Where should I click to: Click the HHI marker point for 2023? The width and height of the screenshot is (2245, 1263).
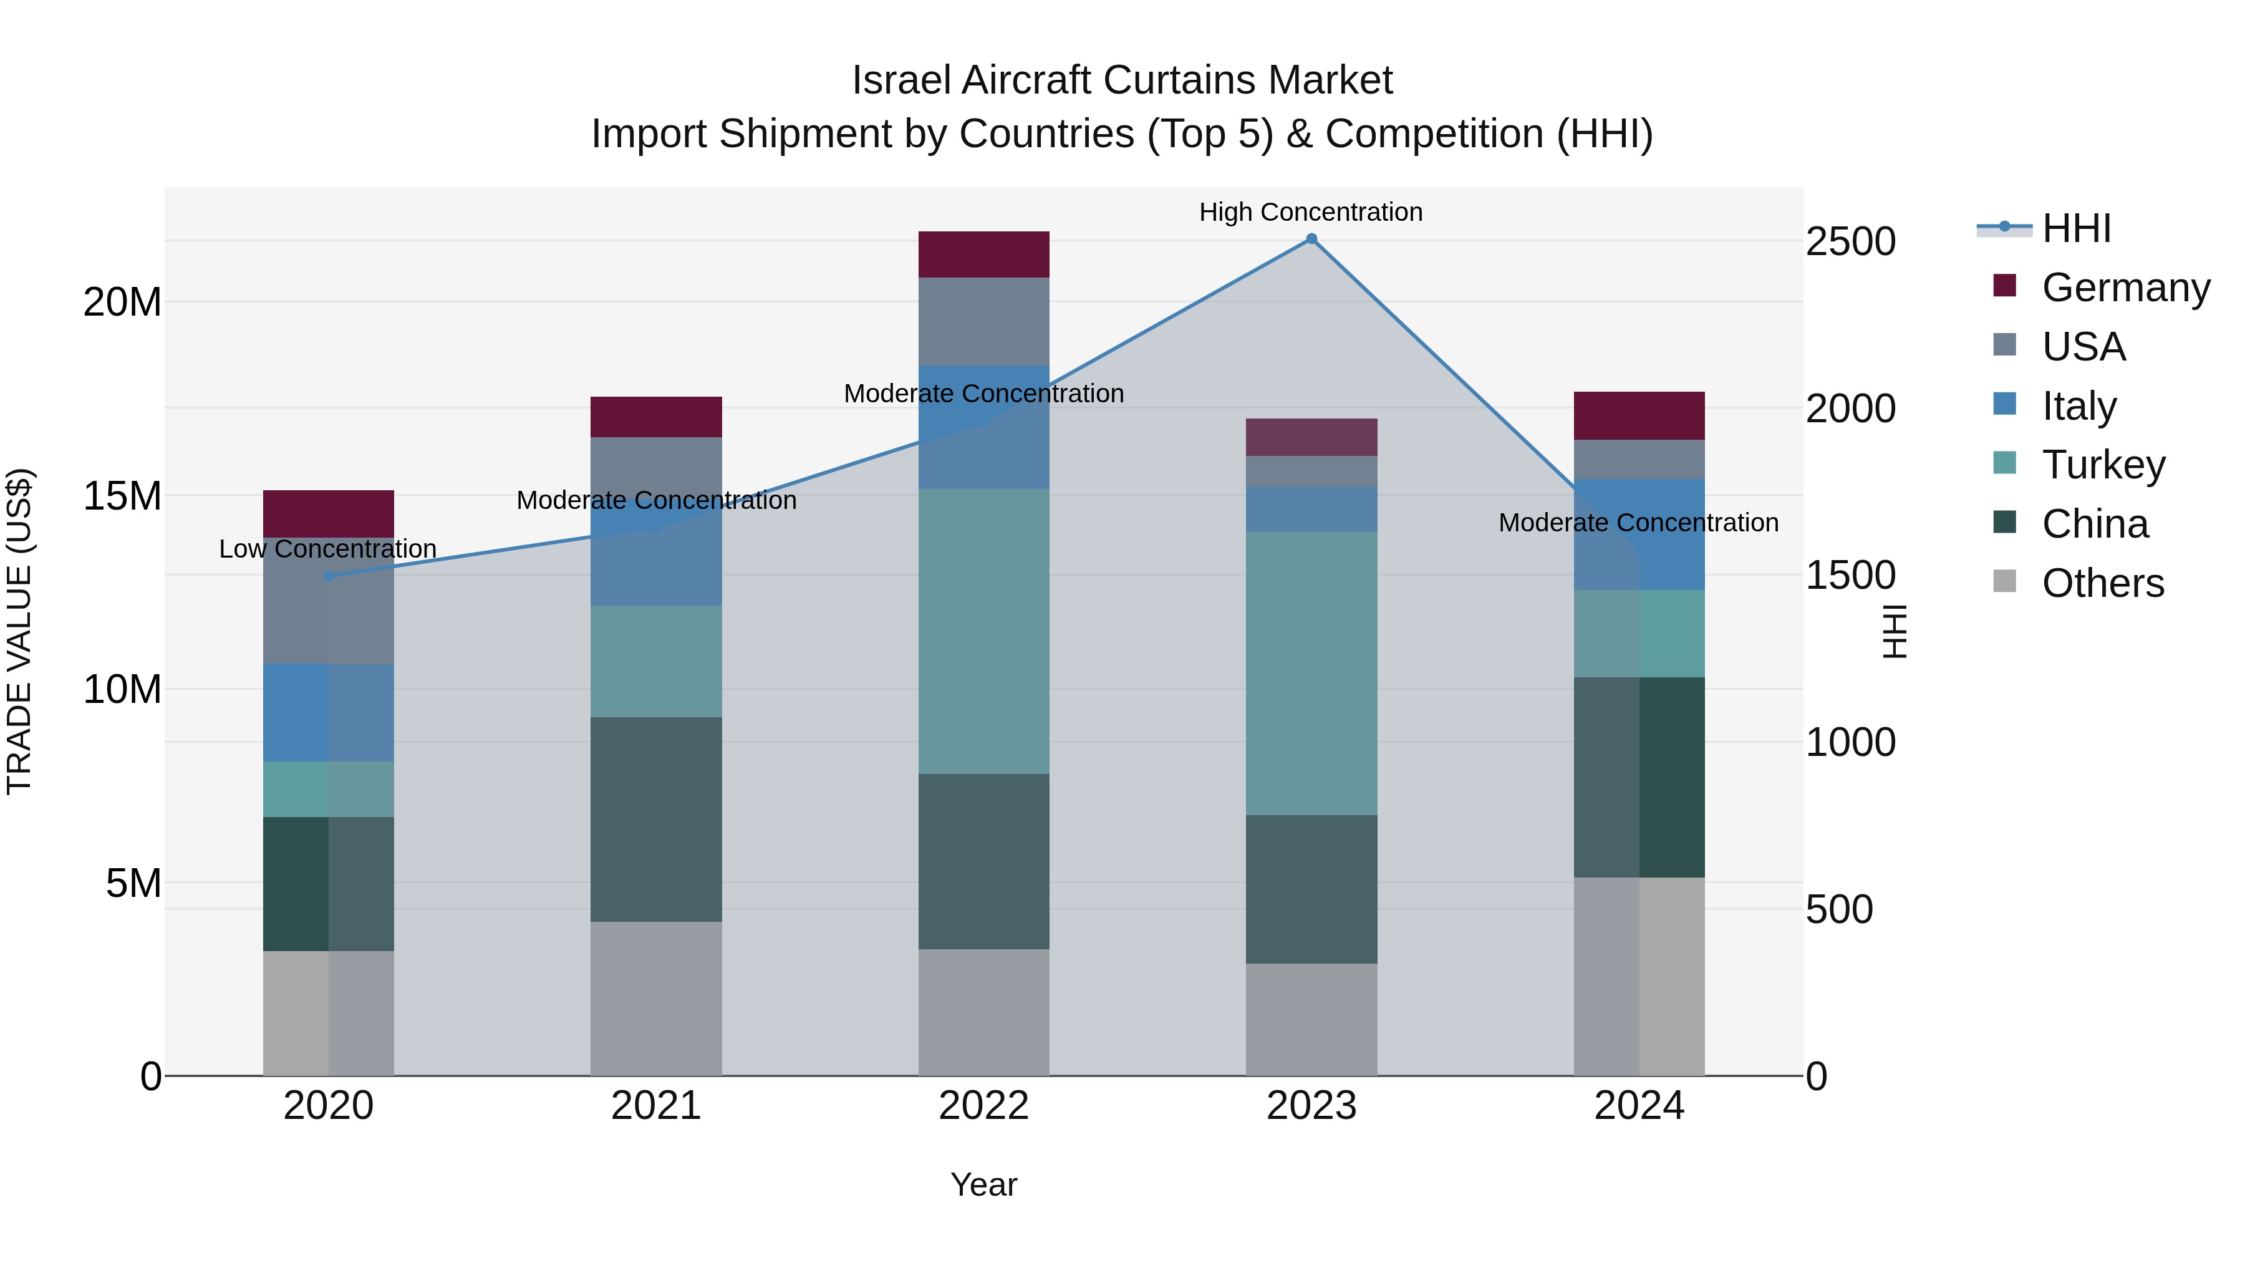(1311, 239)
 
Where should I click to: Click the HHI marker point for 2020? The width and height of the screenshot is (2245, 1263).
(329, 576)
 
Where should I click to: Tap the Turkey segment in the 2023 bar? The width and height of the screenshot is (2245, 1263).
(1311, 673)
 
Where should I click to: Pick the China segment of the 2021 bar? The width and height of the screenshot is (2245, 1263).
(655, 820)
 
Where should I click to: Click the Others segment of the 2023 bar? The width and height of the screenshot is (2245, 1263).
(1311, 1019)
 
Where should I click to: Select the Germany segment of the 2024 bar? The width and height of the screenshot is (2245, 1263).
(1638, 416)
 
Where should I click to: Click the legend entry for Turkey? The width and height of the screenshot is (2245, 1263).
(2103, 465)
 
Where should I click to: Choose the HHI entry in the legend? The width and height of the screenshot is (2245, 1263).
(2076, 228)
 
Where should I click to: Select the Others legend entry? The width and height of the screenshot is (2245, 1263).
(2102, 583)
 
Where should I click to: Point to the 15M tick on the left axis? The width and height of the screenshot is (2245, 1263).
(122, 496)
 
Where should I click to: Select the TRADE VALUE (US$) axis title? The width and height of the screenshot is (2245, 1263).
(19, 631)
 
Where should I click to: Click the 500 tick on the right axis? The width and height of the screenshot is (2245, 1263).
(1839, 910)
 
